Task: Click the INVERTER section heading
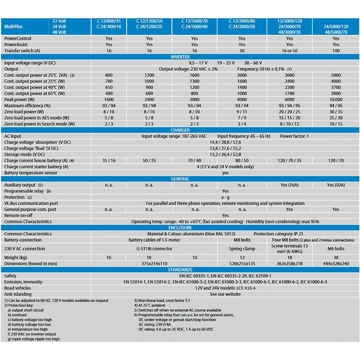pos(180,57)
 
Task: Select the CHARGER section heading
pos(180,130)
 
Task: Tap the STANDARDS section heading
pos(180,270)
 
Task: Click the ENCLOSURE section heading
pos(180,228)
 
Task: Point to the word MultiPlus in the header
pos(13,27)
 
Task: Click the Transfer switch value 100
pos(336,51)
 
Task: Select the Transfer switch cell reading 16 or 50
pos(289,51)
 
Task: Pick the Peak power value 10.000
pos(336,99)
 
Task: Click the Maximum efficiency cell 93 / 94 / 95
pos(289,105)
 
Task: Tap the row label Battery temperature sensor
pos(31,173)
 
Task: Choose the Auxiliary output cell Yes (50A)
pos(336,185)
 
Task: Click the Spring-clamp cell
pos(242,249)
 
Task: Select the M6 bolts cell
pos(336,249)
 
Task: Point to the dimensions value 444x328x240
pos(336,263)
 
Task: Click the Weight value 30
pos(336,258)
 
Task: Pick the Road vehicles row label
pos(18,288)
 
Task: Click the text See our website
pos(225,294)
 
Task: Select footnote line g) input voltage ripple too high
pos(34,339)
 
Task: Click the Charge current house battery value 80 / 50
pos(242,160)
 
